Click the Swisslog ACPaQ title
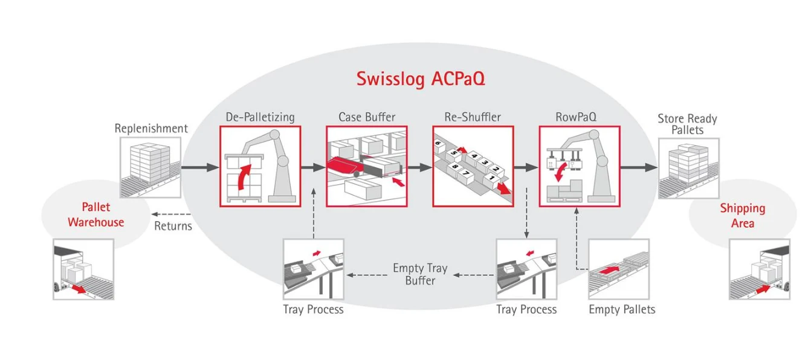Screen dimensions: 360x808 click(x=420, y=79)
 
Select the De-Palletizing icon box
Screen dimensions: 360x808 click(x=260, y=166)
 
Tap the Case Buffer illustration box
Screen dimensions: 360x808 click(x=367, y=166)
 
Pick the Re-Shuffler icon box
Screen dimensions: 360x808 click(x=473, y=166)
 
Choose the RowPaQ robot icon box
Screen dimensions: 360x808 click(x=580, y=166)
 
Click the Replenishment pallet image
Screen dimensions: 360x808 click(x=150, y=167)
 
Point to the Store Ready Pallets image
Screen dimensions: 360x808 click(x=688, y=168)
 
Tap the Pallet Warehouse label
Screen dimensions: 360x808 click(x=95, y=214)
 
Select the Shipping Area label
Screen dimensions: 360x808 click(x=742, y=215)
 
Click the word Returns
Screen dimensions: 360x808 click(x=173, y=227)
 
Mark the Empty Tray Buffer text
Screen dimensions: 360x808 click(x=420, y=274)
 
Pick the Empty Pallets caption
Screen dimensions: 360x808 click(x=622, y=309)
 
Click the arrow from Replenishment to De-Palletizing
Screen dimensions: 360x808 click(x=200, y=167)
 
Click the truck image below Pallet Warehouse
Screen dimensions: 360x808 click(x=83, y=269)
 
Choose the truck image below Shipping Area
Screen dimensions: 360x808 click(x=759, y=269)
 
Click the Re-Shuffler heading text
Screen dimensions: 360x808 click(x=473, y=117)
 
